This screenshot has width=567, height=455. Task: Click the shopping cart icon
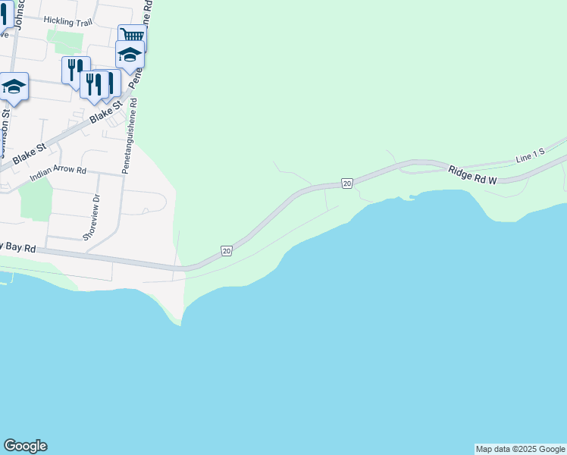pyautogui.click(x=132, y=36)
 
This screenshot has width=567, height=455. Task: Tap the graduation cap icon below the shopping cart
pyautogui.click(x=130, y=55)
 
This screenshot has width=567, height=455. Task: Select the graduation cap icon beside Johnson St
pyautogui.click(x=14, y=88)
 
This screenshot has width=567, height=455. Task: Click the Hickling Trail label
pyautogui.click(x=68, y=22)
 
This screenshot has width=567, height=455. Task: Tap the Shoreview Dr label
pyautogui.click(x=96, y=217)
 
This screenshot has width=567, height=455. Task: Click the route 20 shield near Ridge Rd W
pyautogui.click(x=346, y=184)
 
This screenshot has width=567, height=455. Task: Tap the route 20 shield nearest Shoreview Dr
pyautogui.click(x=226, y=250)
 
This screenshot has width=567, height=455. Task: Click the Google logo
pyautogui.click(x=25, y=446)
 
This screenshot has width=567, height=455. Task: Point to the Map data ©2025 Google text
pyautogui.click(x=520, y=449)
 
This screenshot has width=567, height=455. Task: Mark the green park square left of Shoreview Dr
pyautogui.click(x=33, y=199)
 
